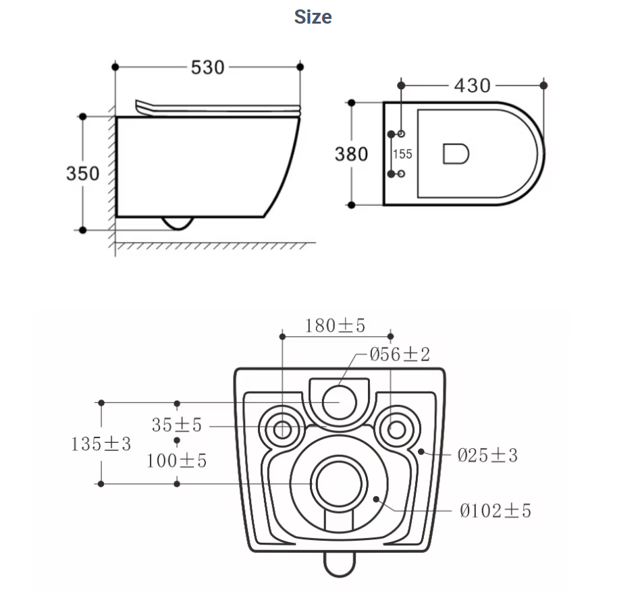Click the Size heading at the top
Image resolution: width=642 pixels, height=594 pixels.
coord(313,17)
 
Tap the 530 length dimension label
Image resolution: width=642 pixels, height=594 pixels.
coord(207,67)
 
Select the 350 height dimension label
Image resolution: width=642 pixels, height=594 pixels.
coord(83,173)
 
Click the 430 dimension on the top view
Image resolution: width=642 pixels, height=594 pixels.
coord(472,86)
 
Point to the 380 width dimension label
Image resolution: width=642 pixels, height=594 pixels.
coord(351,154)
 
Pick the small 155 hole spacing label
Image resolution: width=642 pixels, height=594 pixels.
coord(402,154)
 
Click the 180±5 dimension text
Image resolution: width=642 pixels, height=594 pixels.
coord(335,325)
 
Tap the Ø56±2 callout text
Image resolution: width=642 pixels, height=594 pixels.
coord(400,354)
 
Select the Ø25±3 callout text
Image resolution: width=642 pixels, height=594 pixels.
coord(487,455)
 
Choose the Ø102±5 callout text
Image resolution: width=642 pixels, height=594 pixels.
coord(496,511)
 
